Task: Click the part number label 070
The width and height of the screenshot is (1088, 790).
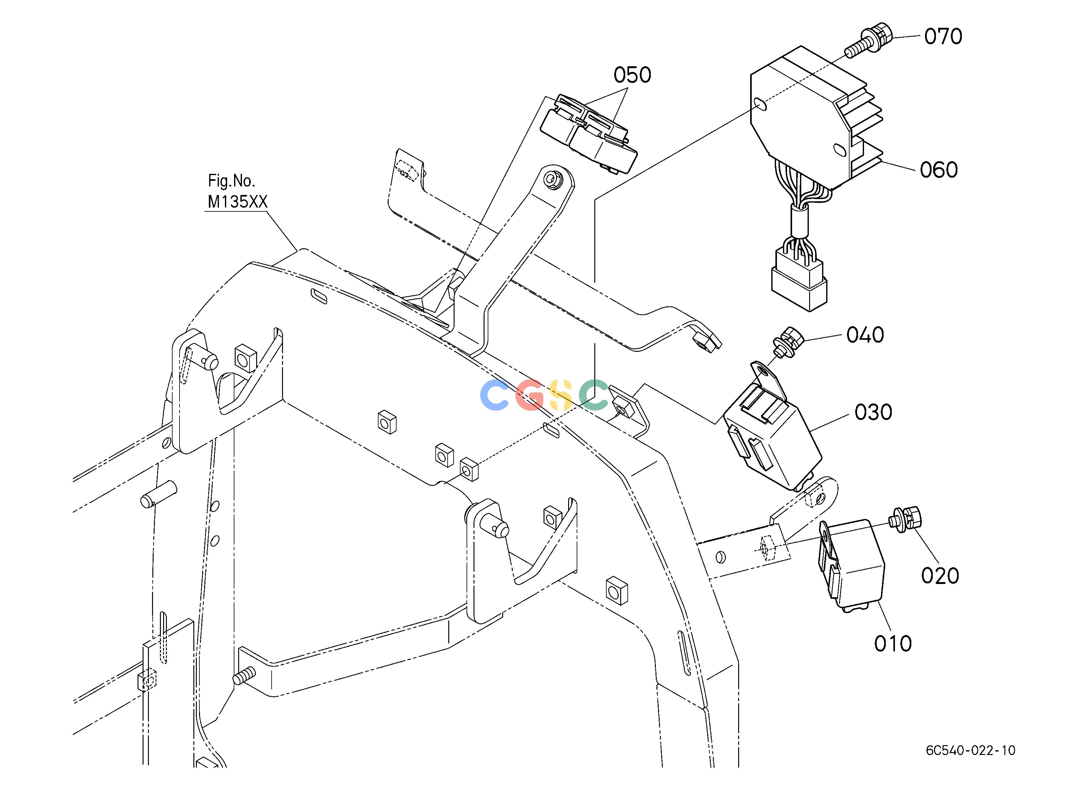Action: pos(943,37)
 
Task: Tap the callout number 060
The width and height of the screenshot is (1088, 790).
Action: pos(939,170)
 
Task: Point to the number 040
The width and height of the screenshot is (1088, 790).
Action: pos(865,335)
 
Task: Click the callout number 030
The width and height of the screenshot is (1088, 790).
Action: pos(873,412)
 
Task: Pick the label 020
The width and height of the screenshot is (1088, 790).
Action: pos(940,575)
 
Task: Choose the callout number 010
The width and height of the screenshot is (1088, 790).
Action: pos(893,644)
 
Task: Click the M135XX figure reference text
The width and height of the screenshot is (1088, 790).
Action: pos(238,202)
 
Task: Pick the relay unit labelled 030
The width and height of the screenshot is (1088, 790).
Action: pos(772,425)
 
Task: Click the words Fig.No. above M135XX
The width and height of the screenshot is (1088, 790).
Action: pos(231,181)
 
